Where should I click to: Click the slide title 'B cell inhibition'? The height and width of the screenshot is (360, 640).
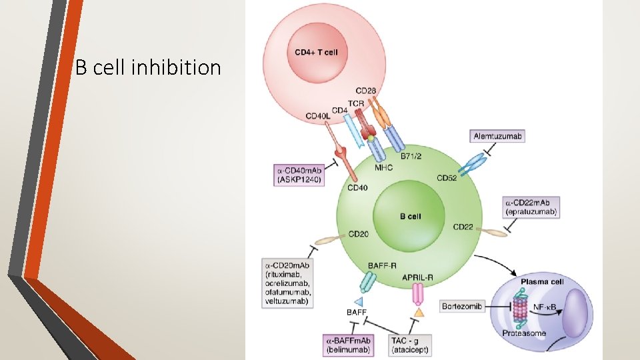[x=148, y=67]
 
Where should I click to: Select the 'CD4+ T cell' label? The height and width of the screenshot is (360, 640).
[x=316, y=53]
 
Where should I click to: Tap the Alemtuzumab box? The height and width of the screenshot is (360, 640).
[x=497, y=136]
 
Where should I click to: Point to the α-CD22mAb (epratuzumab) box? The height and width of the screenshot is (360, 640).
[x=531, y=207]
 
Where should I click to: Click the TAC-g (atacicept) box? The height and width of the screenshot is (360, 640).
[x=410, y=345]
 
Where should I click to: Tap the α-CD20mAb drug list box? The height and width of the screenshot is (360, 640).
[x=288, y=283]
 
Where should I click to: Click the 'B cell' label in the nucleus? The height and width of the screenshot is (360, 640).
[x=410, y=216]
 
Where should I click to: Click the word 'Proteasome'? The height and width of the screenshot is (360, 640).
[x=525, y=333]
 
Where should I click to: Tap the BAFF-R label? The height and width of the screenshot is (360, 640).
[x=383, y=265]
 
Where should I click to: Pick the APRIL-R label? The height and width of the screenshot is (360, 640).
[x=419, y=276]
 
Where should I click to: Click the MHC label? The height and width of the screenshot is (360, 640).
[x=383, y=168]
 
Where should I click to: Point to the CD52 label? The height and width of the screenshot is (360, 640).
[x=447, y=178]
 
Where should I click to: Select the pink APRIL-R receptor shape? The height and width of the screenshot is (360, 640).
[x=419, y=294]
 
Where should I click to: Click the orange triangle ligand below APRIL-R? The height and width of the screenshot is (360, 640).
[x=419, y=311]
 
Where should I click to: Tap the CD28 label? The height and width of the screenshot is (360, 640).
[x=365, y=90]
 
